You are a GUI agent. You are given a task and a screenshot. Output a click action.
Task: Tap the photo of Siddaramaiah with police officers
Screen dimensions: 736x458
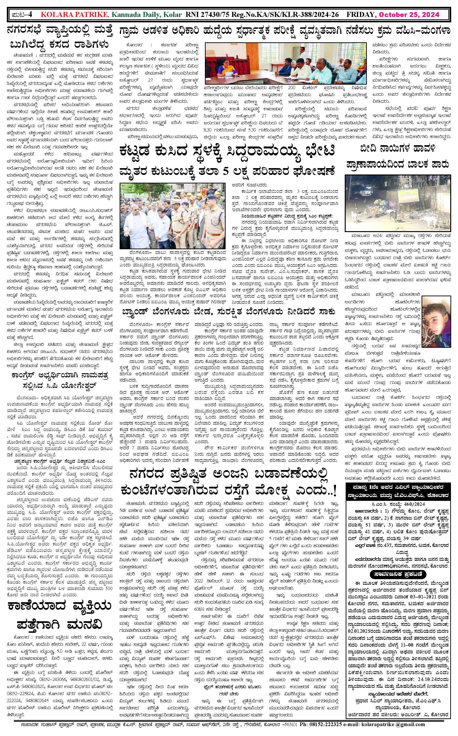click(x=173, y=215)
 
